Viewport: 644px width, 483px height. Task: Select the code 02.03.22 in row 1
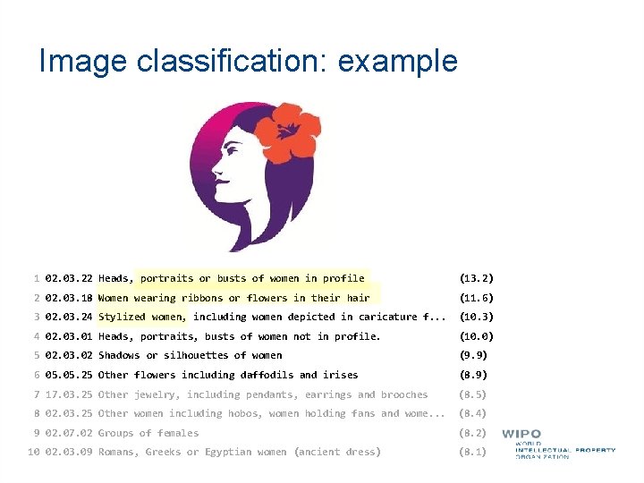[68, 278]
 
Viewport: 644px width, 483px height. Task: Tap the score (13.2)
[476, 278]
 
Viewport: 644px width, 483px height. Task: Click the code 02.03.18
[68, 298]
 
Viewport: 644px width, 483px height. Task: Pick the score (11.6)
[476, 298]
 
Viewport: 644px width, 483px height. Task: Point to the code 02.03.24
[68, 317]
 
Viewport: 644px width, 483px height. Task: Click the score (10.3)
[476, 317]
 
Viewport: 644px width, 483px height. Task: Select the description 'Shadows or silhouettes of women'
[190, 355]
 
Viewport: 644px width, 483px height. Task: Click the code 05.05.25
[68, 375]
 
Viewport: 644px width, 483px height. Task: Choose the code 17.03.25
[68, 394]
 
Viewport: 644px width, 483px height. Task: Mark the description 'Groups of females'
[148, 433]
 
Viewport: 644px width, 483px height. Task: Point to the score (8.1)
[472, 452]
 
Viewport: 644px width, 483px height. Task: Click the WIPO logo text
[521, 435]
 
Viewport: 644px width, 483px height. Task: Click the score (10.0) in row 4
[476, 336]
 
